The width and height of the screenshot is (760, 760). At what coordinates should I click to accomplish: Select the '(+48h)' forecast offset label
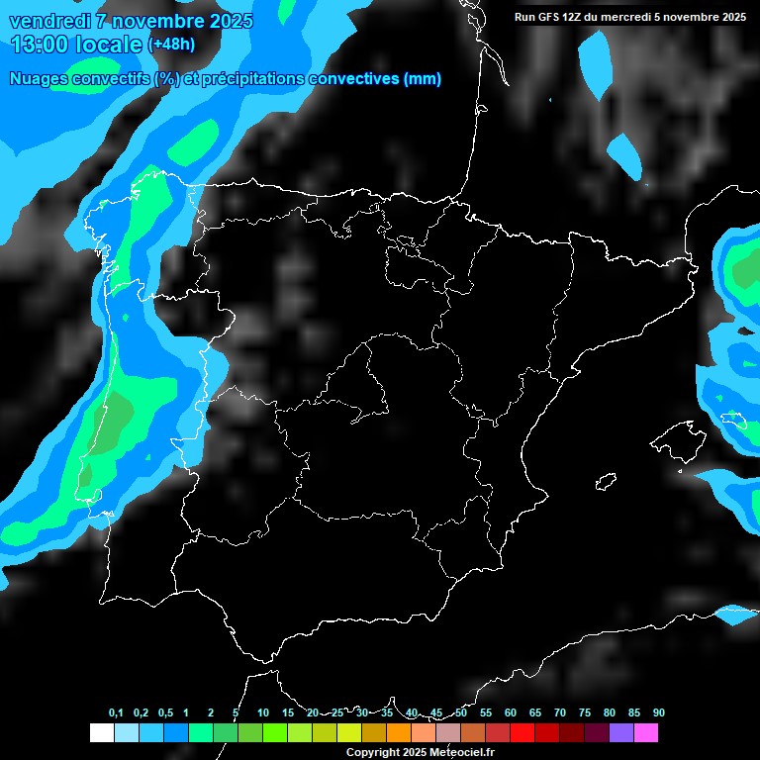[171, 44]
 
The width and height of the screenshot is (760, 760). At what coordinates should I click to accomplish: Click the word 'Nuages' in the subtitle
[38, 79]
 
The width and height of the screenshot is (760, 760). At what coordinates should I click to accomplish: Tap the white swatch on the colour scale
[101, 732]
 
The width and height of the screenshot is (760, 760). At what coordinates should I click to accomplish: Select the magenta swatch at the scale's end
[645, 732]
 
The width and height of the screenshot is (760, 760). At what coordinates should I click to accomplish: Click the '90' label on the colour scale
[659, 712]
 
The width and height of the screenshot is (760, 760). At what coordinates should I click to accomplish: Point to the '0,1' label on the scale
[116, 712]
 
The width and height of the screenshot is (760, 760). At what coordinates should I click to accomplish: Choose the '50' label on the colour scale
[461, 712]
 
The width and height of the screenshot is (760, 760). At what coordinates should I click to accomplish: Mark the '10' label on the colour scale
[263, 712]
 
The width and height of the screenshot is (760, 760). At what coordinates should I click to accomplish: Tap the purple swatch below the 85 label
[620, 732]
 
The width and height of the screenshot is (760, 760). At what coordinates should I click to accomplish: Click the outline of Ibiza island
[606, 482]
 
